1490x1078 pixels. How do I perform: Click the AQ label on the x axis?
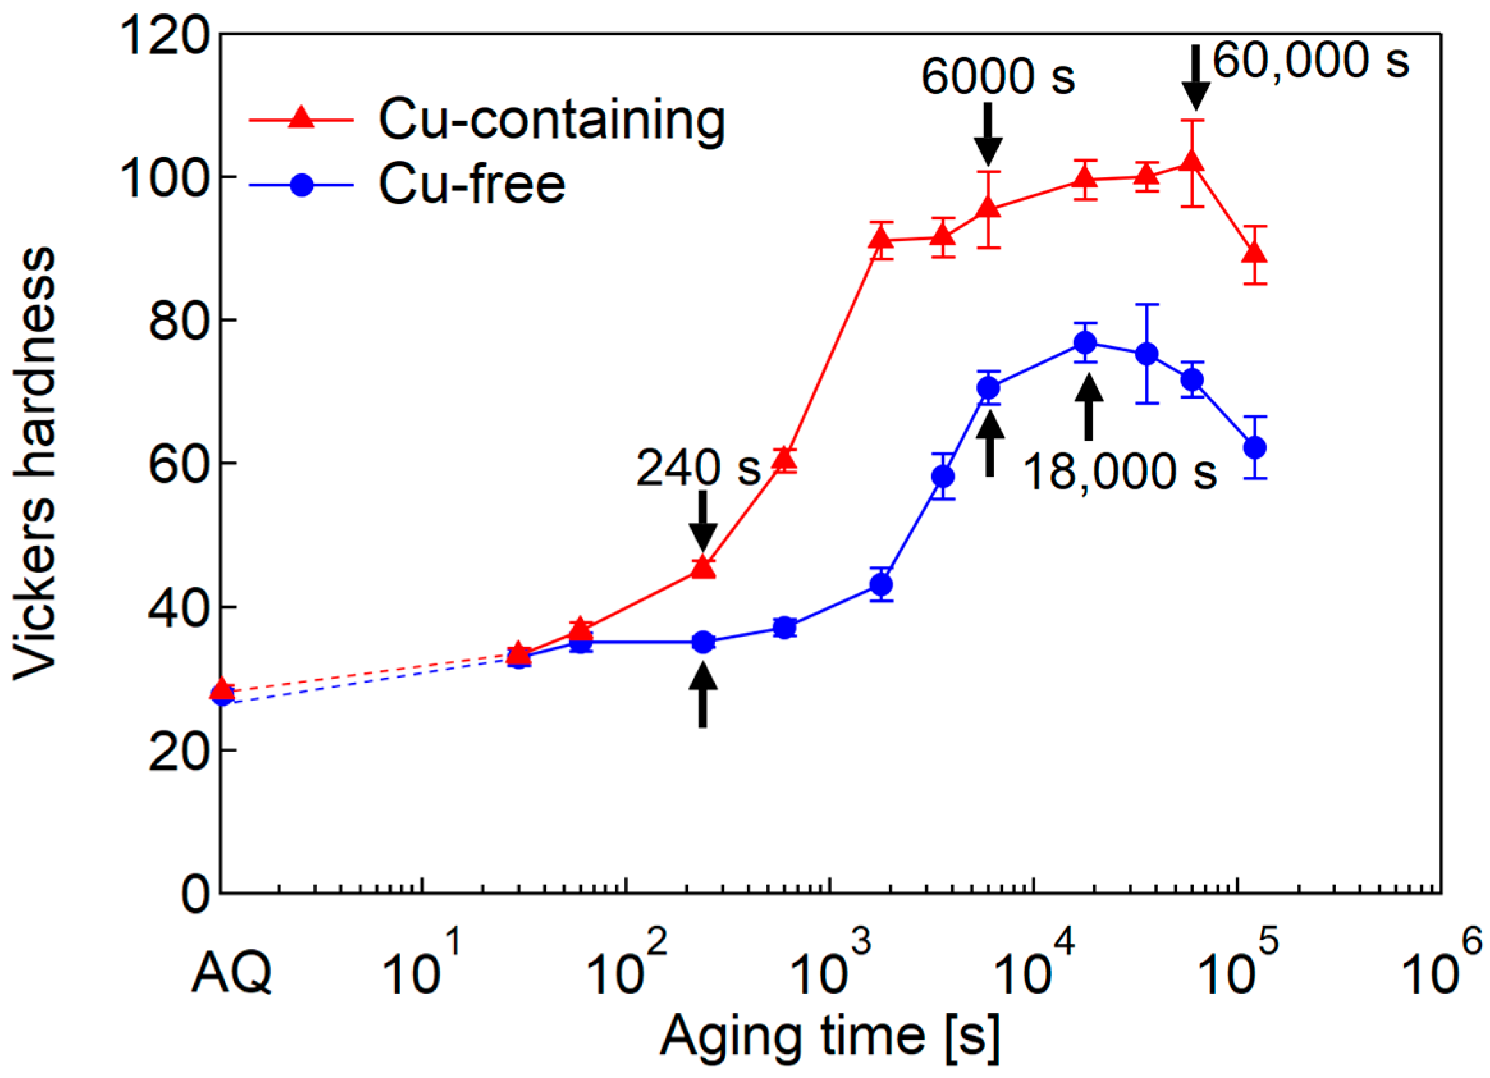[x=231, y=973]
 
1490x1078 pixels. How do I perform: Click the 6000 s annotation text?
[x=997, y=77]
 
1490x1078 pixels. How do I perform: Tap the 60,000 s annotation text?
[x=1311, y=61]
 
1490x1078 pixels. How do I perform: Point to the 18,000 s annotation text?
[x=1120, y=472]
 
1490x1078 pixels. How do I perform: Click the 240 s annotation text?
[x=698, y=468]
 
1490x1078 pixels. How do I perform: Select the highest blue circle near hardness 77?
[x=1085, y=342]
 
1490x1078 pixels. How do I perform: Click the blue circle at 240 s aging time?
[x=703, y=642]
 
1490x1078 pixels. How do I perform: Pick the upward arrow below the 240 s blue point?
[x=703, y=694]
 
